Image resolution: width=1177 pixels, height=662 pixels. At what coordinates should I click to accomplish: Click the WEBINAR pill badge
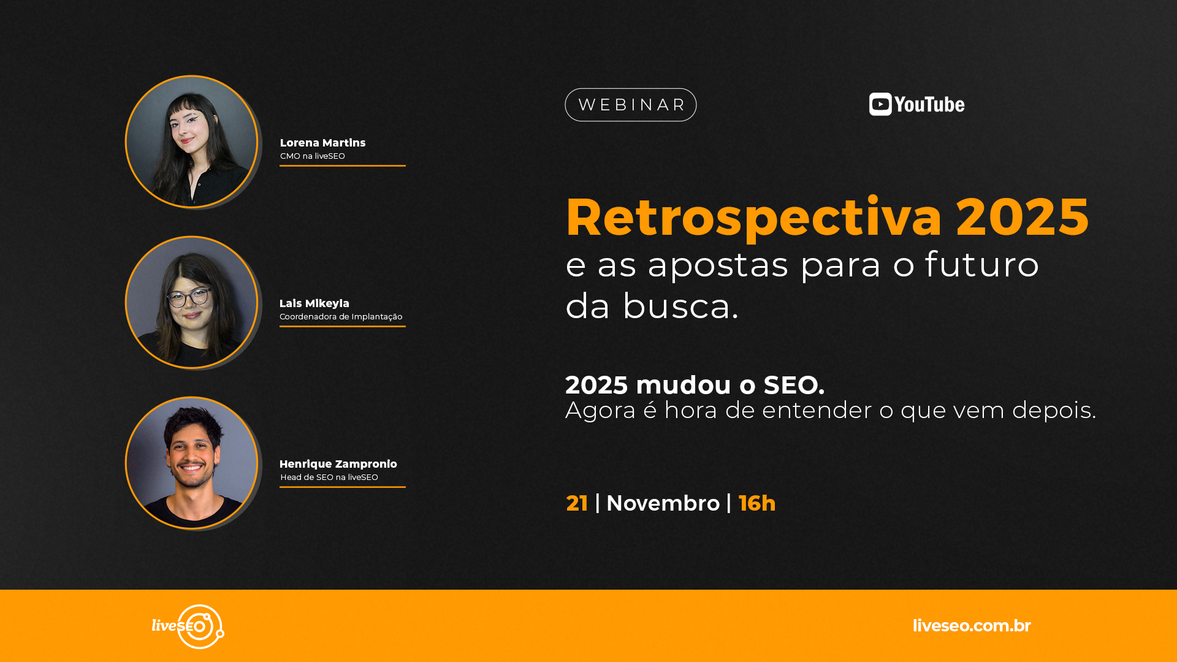pos(630,105)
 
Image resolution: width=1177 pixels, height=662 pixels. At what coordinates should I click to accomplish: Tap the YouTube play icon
pos(880,104)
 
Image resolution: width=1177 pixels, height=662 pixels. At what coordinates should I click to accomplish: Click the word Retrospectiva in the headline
pos(753,218)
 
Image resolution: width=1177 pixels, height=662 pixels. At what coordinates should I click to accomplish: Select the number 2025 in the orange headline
pos(1022,216)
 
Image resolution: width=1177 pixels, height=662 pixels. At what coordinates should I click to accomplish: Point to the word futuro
pos(982,264)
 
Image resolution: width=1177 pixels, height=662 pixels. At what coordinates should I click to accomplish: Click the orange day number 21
pos(577,503)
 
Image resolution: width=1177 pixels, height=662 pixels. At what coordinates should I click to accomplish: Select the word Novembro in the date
pos(663,503)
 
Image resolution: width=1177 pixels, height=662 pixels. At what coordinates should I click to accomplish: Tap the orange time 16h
pos(757,503)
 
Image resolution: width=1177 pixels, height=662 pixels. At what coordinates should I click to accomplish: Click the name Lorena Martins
pos(322,143)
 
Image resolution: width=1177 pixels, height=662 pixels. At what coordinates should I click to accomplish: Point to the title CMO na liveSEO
pos(313,156)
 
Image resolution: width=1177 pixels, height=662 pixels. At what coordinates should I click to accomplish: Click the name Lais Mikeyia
pos(314,303)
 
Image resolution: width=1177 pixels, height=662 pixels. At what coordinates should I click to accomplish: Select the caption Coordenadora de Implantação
pos(341,317)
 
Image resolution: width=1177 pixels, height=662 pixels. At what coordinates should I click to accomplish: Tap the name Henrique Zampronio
pos(338,464)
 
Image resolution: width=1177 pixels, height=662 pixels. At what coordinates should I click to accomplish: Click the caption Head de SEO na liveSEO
pos(329,477)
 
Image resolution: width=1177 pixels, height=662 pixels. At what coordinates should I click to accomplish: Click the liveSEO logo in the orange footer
pos(188,626)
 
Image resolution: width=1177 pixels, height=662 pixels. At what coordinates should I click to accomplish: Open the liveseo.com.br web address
pos(972,626)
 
